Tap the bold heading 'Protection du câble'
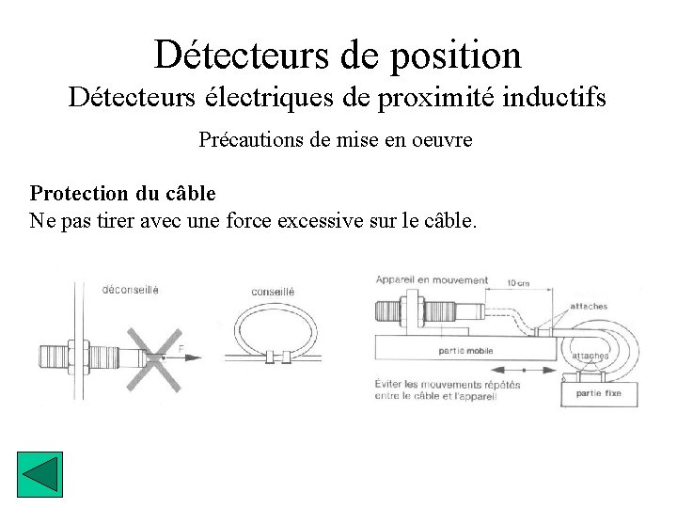point(123,194)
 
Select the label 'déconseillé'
point(130,289)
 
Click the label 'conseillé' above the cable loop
point(273,292)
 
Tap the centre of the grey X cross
point(153,357)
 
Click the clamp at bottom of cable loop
point(272,357)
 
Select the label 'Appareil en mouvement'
point(432,279)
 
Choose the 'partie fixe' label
point(599,393)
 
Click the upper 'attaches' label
point(589,307)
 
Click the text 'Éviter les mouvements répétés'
point(447,384)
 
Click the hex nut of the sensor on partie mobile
point(411,311)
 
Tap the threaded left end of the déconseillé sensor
point(50,358)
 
